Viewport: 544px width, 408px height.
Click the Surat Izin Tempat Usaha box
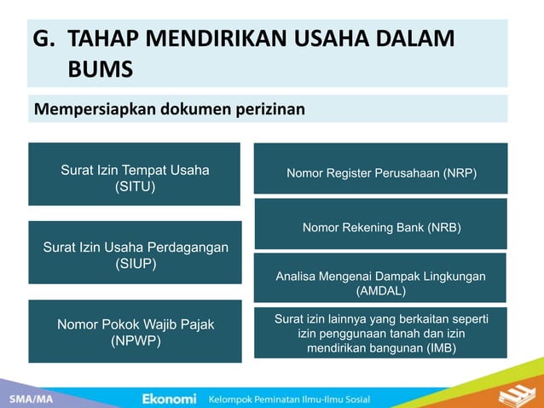point(135,174)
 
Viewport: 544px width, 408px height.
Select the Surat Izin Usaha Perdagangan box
point(135,253)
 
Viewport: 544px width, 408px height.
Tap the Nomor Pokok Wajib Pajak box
point(135,331)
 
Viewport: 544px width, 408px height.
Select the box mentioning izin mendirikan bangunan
point(380,333)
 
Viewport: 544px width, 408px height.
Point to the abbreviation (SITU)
point(135,187)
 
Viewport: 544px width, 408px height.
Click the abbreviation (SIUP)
point(135,264)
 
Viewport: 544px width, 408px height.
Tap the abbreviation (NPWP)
point(135,341)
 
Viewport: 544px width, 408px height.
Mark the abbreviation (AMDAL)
point(381,291)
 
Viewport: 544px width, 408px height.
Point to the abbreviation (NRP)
point(460,173)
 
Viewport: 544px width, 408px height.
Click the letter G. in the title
point(43,39)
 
